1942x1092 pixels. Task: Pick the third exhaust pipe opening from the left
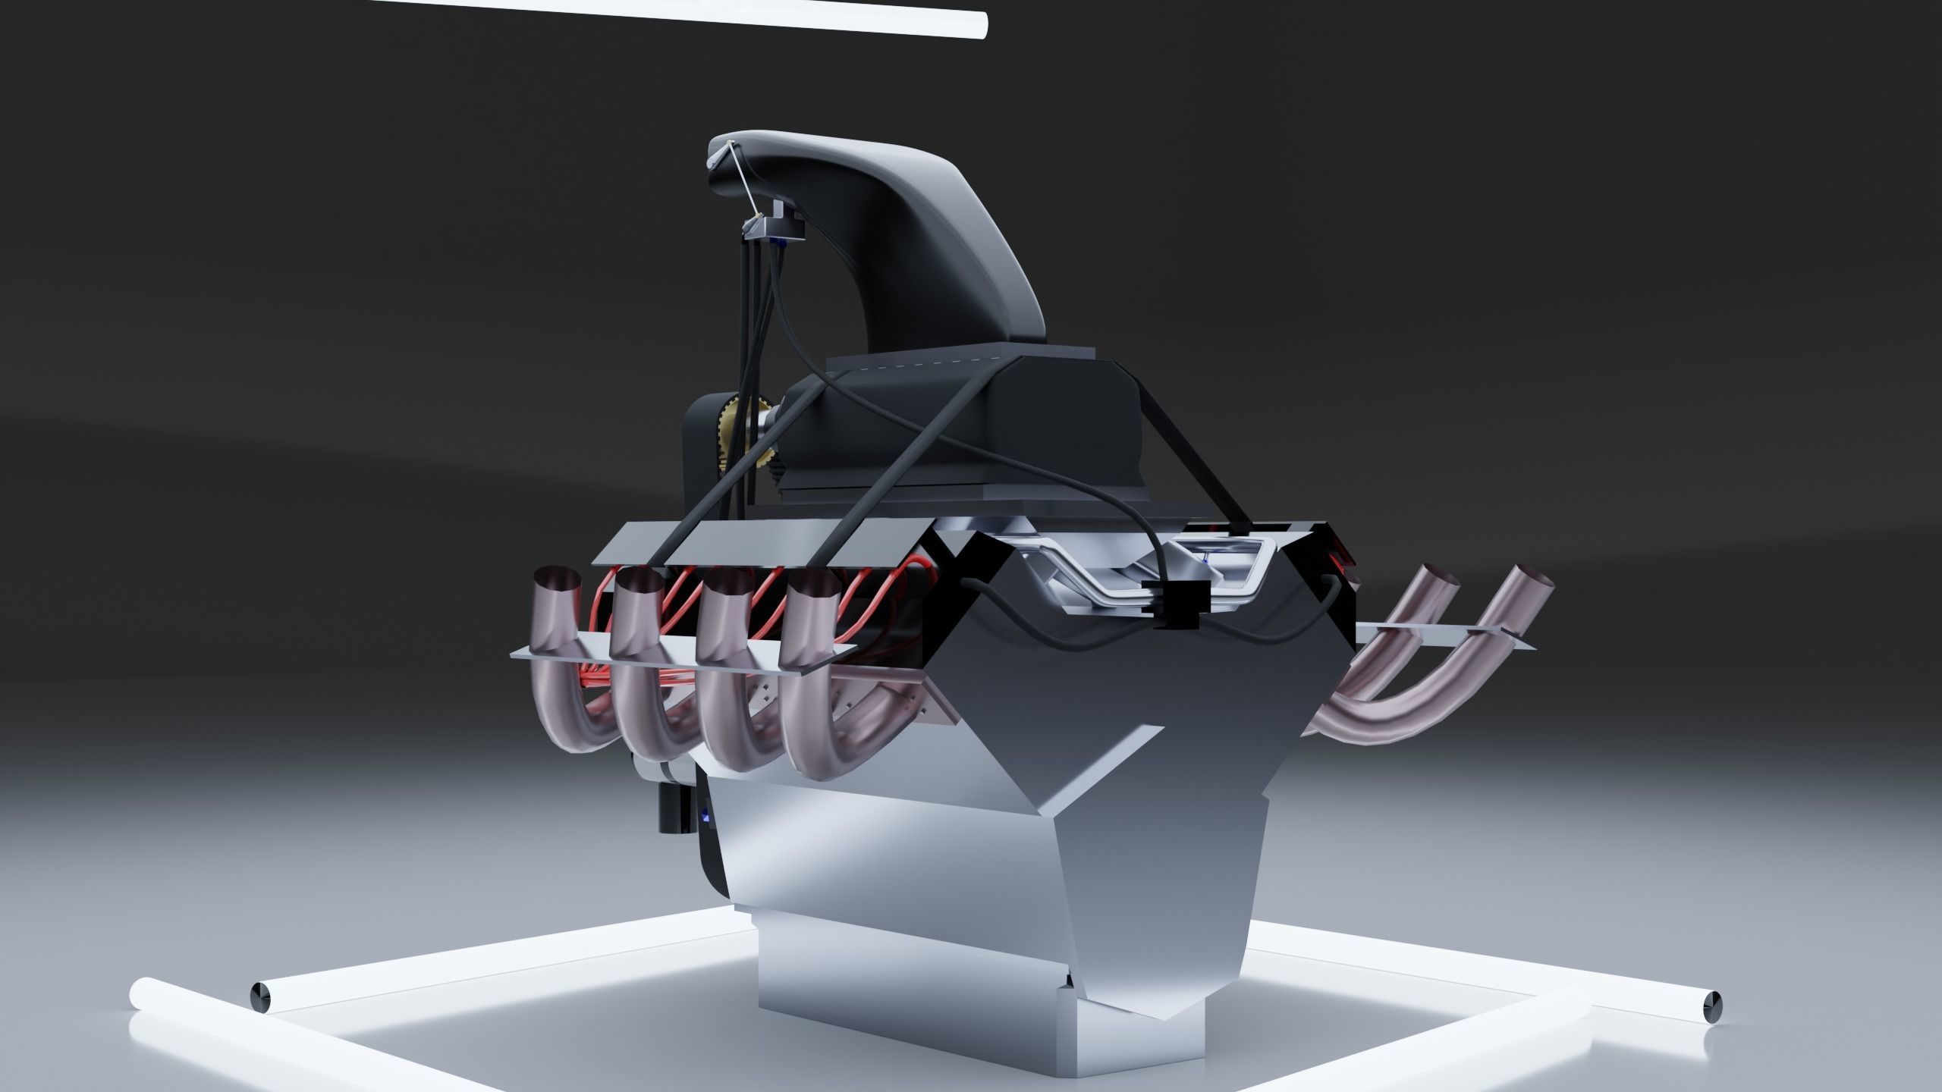pos(724,584)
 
